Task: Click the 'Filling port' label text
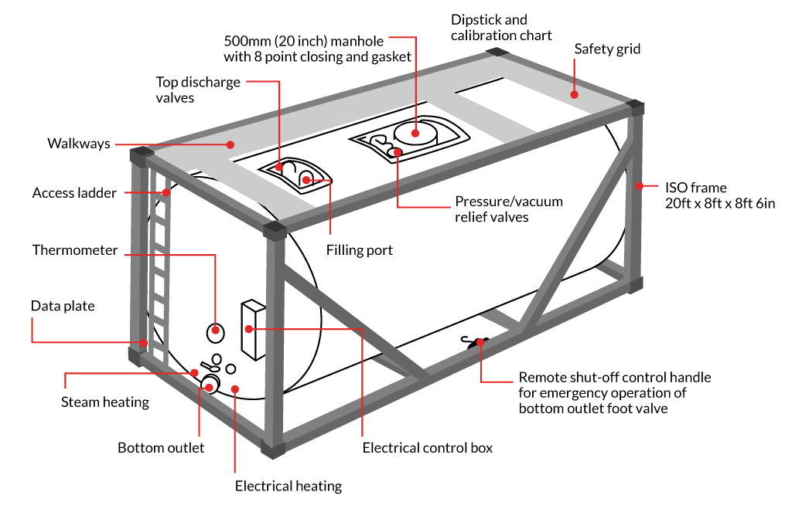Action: pyautogui.click(x=359, y=250)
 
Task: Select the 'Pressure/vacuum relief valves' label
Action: pyautogui.click(x=508, y=209)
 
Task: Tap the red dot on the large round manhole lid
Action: pyautogui.click(x=415, y=133)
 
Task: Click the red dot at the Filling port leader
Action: pyautogui.click(x=306, y=180)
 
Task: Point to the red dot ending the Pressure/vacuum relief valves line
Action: pyautogui.click(x=398, y=152)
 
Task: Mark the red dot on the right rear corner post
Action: pyautogui.click(x=640, y=185)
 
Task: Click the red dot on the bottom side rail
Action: pyautogui.click(x=480, y=341)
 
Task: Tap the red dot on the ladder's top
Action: pyautogui.click(x=166, y=192)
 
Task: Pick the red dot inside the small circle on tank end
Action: pyautogui.click(x=216, y=331)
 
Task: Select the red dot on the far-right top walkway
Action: pyautogui.click(x=574, y=95)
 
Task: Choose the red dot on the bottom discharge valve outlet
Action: pyautogui.click(x=209, y=387)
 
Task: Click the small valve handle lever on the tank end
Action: pyautogui.click(x=207, y=365)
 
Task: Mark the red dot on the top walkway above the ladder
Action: pyautogui.click(x=230, y=144)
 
